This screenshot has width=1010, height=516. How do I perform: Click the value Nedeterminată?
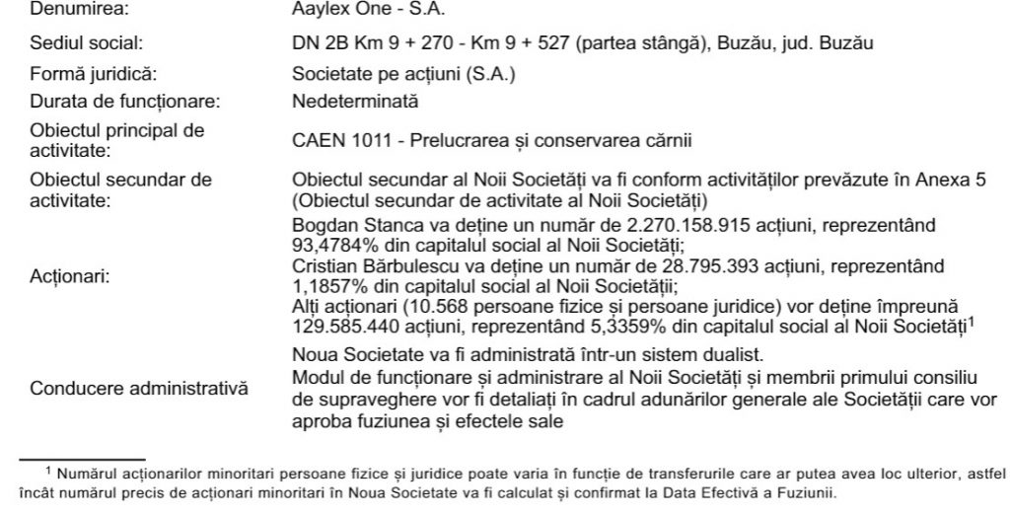pyautogui.click(x=355, y=102)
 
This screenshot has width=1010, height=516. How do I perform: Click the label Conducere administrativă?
pyautogui.click(x=137, y=388)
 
